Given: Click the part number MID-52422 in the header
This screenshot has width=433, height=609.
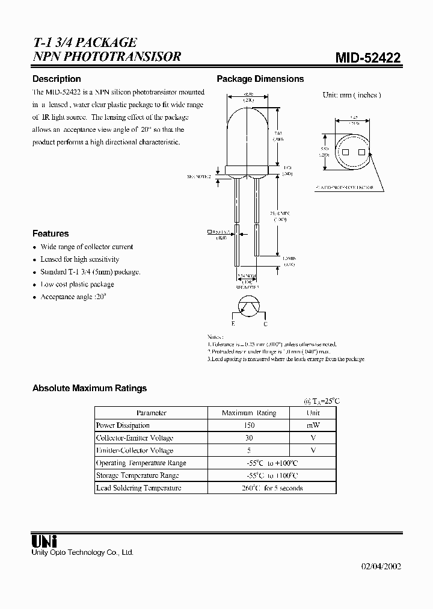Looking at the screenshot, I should click(x=368, y=58).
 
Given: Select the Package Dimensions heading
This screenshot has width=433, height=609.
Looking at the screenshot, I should click(x=260, y=79).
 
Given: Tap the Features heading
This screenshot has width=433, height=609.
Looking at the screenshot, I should click(x=51, y=233).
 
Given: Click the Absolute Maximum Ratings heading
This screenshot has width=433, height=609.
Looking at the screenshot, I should click(x=89, y=388).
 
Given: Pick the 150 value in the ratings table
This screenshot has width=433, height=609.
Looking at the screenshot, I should click(x=248, y=425).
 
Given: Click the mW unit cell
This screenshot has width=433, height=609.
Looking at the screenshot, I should click(x=313, y=425).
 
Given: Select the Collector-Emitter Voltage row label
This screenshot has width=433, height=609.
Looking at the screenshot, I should click(x=135, y=438).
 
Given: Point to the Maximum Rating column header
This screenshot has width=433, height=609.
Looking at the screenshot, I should click(x=248, y=413).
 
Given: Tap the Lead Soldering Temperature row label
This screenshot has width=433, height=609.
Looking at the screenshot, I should click(x=138, y=488).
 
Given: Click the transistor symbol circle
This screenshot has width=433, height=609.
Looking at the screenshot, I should click(x=248, y=308).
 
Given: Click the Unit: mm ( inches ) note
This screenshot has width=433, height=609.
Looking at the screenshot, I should click(x=352, y=95).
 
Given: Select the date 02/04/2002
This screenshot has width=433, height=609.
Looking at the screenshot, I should click(x=381, y=566).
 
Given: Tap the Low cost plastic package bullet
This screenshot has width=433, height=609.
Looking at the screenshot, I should click(x=77, y=284).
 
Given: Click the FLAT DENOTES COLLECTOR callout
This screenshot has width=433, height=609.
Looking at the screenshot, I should click(x=343, y=187).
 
